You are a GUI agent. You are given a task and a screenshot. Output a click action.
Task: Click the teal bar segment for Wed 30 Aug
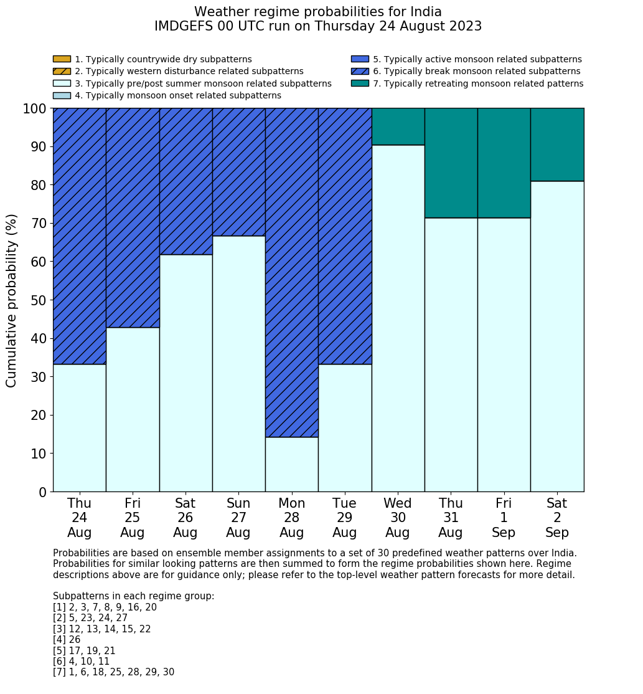[398, 126]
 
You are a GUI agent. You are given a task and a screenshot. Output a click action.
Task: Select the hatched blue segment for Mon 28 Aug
[291, 272]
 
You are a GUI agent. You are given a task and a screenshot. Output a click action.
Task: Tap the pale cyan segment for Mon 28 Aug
[291, 464]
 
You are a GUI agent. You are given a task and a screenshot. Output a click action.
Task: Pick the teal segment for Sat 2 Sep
[557, 145]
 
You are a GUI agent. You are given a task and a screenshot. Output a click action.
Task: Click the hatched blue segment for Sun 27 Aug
[238, 172]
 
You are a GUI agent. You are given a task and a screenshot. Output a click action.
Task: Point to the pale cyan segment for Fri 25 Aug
[133, 409]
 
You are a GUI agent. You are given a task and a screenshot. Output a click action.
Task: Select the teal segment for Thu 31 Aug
[451, 163]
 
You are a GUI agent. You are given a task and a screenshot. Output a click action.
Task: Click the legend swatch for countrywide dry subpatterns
[62, 59]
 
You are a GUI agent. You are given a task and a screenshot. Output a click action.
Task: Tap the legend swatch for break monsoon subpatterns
[360, 72]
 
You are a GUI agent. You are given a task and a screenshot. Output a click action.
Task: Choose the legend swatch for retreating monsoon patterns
[360, 83]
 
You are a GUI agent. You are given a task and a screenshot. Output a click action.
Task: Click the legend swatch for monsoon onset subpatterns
[62, 95]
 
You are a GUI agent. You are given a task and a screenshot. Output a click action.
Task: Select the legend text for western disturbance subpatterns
[189, 72]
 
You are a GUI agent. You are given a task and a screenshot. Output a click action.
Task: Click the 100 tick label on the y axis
[35, 108]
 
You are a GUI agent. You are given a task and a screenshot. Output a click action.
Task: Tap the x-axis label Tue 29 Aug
[344, 518]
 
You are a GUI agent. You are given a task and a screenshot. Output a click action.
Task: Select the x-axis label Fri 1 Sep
[504, 518]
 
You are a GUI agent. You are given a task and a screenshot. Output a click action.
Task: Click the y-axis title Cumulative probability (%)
[12, 300]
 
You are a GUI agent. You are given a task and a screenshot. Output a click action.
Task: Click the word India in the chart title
[426, 12]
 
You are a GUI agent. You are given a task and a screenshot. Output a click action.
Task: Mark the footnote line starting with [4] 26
[67, 640]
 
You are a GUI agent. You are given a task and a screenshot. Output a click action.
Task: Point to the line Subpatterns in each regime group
[133, 596]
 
